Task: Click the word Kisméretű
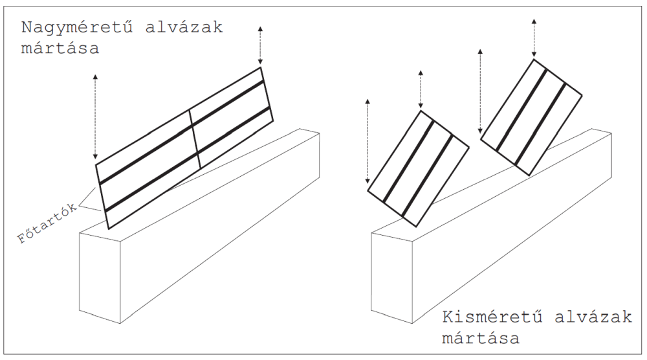click(x=488, y=318)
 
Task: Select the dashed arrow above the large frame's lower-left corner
click(x=96, y=117)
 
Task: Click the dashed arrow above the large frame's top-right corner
click(x=260, y=44)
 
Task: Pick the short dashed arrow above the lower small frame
click(x=421, y=90)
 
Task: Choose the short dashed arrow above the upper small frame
click(x=534, y=37)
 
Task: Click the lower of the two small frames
click(x=418, y=168)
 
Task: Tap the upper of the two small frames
click(x=532, y=117)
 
